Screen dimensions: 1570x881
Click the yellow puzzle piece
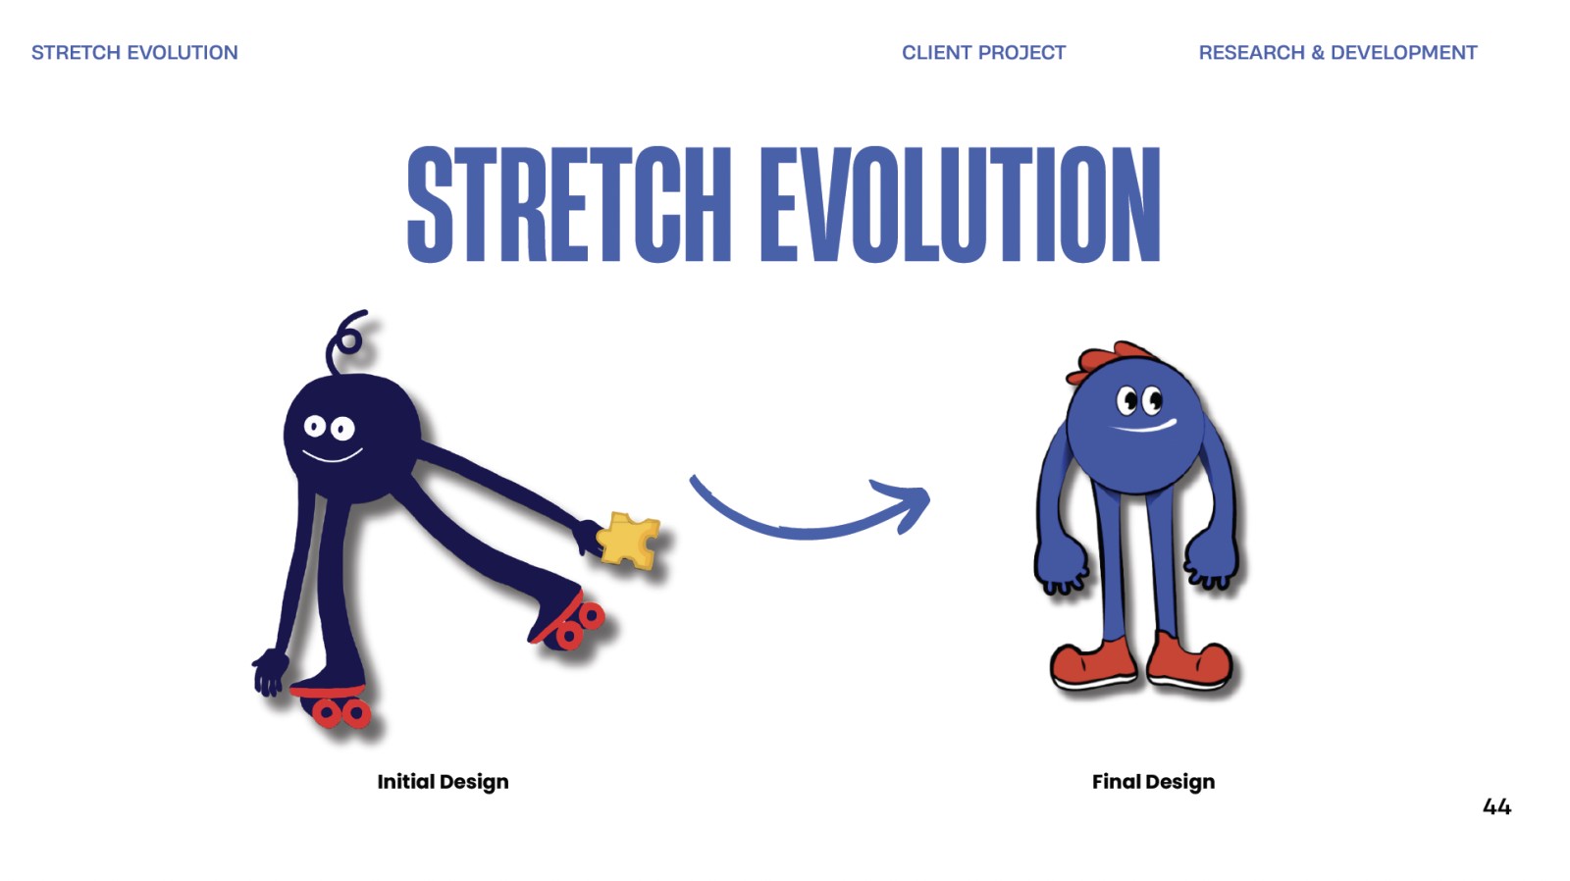(x=628, y=539)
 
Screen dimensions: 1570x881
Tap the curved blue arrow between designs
(x=806, y=532)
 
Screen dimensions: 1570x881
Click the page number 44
(x=1497, y=806)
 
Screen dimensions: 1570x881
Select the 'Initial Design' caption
(x=443, y=782)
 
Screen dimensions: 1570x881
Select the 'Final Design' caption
(x=1153, y=782)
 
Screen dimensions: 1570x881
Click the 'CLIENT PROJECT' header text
(x=983, y=53)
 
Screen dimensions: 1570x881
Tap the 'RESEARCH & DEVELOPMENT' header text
(x=1337, y=53)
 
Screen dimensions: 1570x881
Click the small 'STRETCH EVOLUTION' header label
(x=134, y=53)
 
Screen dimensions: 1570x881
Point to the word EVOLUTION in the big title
(x=961, y=204)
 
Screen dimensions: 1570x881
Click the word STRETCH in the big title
(x=569, y=204)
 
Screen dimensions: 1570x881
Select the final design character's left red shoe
(x=1093, y=664)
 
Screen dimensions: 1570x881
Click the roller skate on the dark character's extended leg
(x=566, y=620)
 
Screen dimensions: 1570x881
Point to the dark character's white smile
(x=332, y=457)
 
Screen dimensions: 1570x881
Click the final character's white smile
(x=1144, y=426)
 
